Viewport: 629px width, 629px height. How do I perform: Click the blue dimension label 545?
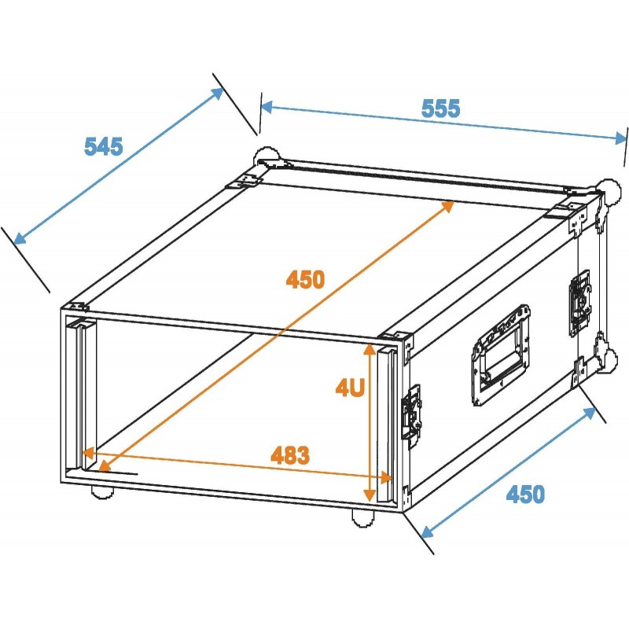tap(104, 145)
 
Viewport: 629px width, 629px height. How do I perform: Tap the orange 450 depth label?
tap(305, 279)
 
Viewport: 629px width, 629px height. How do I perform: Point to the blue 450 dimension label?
tap(524, 494)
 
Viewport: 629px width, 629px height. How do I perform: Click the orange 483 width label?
tap(290, 454)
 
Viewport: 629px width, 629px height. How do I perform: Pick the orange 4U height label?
tap(349, 387)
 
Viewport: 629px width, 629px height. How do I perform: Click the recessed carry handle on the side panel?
tap(501, 355)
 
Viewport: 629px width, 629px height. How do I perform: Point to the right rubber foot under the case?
tap(362, 517)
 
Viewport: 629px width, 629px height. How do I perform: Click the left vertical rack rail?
tap(79, 393)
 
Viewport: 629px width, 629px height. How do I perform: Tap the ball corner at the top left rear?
tap(266, 156)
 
